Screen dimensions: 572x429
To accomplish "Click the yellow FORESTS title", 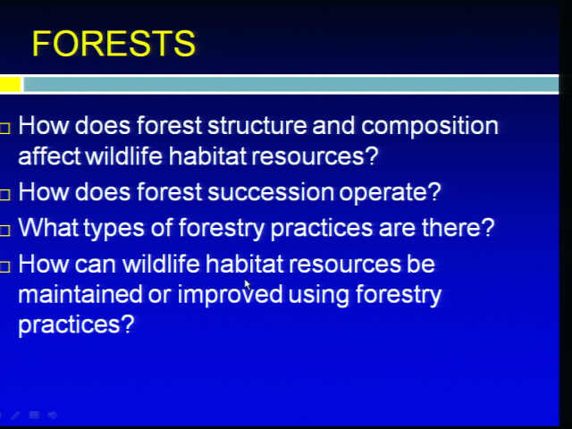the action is point(114,44).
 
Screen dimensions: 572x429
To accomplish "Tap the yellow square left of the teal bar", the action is point(10,84).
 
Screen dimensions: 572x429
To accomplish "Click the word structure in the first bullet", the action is point(257,125).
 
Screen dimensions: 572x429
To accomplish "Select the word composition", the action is point(430,126).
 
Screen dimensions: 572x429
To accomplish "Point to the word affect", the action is point(49,156).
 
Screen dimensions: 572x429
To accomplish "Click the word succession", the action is point(271,192).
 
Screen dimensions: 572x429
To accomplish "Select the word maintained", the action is point(80,294).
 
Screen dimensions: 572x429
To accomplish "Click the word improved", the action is point(230,295).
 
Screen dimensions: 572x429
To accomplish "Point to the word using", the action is point(318,295).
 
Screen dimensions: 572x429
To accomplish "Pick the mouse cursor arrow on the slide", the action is point(248,284).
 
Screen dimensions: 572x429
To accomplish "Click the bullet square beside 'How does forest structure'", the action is point(4,129).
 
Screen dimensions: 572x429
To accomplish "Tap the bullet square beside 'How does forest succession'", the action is point(4,195).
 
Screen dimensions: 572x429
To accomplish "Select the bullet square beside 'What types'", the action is point(4,231).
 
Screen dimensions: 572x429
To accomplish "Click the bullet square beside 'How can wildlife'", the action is point(4,267).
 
